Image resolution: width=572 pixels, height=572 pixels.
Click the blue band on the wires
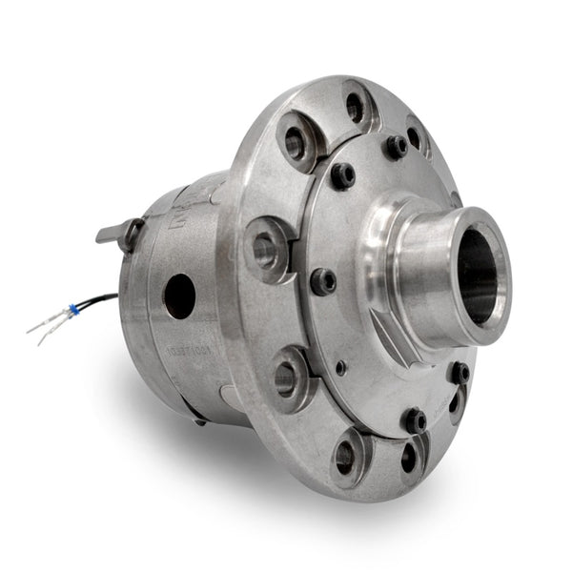[x=72, y=310]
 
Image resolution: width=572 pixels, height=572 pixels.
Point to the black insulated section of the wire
[x=101, y=301]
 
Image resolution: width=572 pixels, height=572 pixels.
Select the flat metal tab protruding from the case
[x=112, y=232]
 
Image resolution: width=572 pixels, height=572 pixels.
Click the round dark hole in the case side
[x=178, y=296]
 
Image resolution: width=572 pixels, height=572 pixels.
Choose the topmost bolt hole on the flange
[x=355, y=107]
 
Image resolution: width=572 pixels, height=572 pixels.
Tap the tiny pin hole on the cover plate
[x=341, y=367]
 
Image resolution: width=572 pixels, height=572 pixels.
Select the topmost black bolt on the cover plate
[x=396, y=146]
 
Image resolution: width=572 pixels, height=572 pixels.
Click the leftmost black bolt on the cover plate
[x=323, y=281]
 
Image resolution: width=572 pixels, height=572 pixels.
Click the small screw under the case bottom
[x=198, y=420]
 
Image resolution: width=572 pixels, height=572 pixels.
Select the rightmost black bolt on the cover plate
[x=460, y=373]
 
